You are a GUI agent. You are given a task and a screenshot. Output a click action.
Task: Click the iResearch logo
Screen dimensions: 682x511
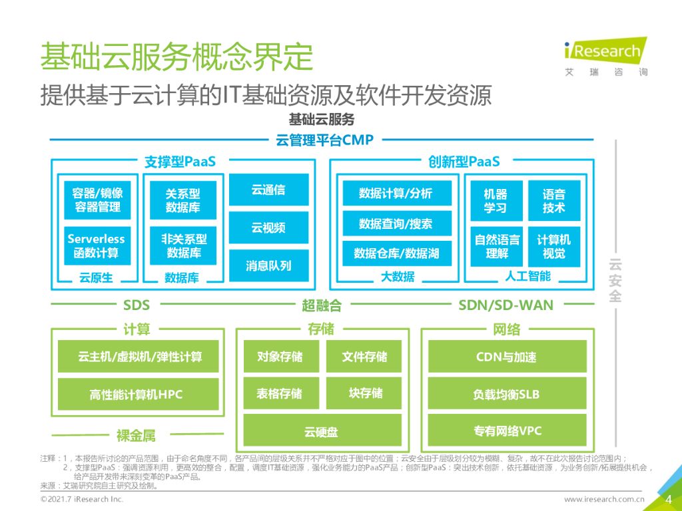(x=606, y=57)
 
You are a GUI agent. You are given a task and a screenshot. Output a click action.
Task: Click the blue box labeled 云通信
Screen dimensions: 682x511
(x=269, y=190)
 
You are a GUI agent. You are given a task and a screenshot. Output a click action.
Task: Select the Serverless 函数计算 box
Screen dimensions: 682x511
(x=97, y=246)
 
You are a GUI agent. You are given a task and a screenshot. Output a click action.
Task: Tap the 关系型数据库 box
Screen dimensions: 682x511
(x=183, y=200)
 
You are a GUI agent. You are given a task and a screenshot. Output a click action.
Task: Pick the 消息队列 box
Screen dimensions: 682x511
(x=269, y=265)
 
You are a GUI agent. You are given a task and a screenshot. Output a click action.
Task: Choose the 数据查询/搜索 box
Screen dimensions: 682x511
(x=397, y=224)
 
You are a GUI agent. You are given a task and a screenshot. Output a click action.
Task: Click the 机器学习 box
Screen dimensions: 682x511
(x=497, y=201)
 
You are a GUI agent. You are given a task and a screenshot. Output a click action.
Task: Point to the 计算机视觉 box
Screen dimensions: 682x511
(x=554, y=246)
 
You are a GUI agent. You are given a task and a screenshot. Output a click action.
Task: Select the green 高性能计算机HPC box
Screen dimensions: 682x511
(x=139, y=394)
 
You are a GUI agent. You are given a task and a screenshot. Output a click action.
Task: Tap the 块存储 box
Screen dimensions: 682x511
(x=364, y=393)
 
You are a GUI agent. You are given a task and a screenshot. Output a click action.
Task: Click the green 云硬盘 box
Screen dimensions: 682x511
(x=322, y=430)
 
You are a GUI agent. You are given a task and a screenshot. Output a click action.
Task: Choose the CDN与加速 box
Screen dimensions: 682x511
(x=507, y=357)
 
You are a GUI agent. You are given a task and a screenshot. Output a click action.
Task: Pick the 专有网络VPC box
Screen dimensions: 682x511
(x=507, y=430)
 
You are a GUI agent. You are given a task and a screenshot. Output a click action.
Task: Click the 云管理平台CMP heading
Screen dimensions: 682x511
(x=324, y=140)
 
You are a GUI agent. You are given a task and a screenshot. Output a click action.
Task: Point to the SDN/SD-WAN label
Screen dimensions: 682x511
(x=506, y=305)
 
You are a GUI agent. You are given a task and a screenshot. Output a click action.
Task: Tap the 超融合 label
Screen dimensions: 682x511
(x=322, y=305)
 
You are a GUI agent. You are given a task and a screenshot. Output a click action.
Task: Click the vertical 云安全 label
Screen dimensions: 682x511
(x=615, y=280)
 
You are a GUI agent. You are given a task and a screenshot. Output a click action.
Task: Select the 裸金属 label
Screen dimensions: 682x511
(x=136, y=435)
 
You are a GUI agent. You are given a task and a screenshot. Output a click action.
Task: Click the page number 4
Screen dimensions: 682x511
(x=669, y=499)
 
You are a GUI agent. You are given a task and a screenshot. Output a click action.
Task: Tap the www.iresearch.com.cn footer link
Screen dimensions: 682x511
(x=604, y=499)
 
